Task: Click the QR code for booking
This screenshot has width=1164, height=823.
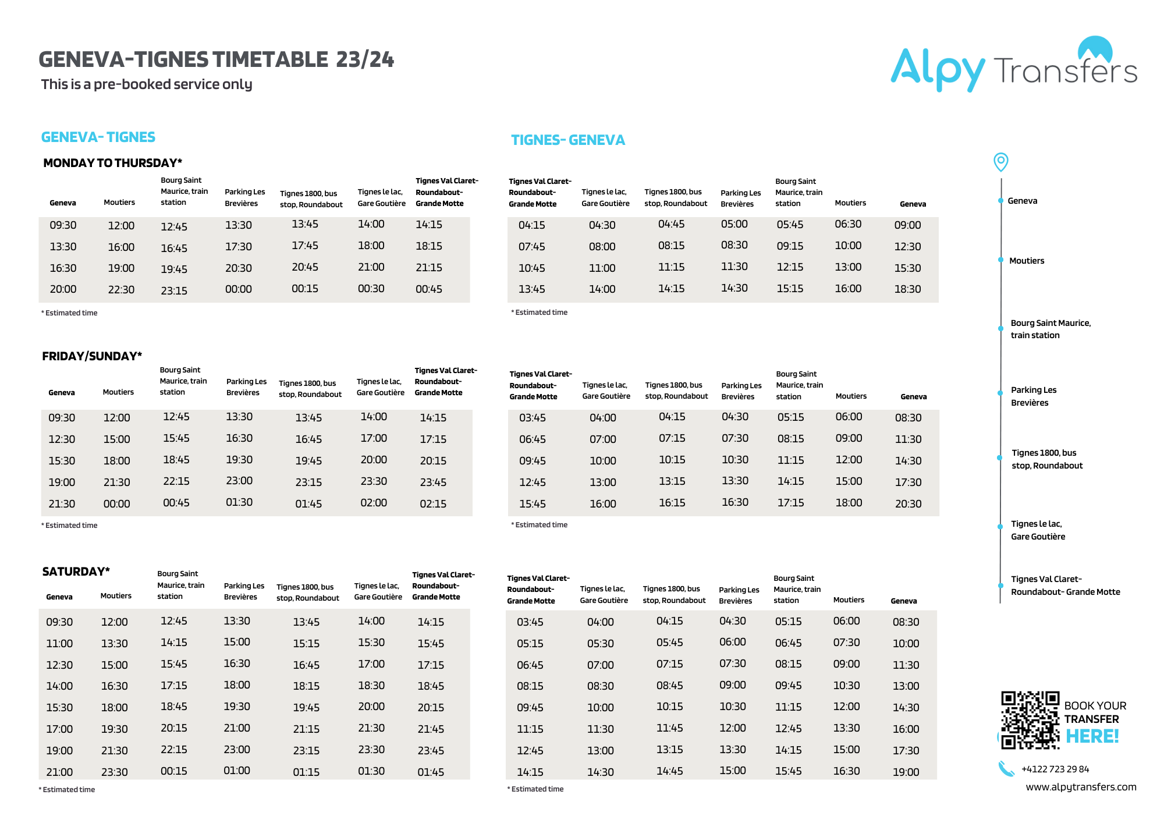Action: (1030, 719)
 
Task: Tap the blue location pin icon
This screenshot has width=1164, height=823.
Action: (1000, 161)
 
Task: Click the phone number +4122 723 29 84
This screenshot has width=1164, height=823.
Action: (1055, 769)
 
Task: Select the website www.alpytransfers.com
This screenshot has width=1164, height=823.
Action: (1080, 787)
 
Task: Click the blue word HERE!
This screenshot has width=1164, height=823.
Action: (1092, 736)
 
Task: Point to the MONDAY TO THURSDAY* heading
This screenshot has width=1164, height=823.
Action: (112, 163)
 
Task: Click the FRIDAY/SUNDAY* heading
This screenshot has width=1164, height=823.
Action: (92, 356)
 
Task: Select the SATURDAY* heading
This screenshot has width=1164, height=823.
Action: (76, 572)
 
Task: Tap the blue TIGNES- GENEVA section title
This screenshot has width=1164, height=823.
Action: (567, 140)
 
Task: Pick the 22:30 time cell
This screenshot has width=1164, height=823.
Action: (121, 289)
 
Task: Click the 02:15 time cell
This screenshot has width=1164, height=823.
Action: (433, 503)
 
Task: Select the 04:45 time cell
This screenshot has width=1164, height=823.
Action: (671, 224)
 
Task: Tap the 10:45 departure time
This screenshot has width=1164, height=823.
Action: (531, 268)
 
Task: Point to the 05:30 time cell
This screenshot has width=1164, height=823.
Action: (600, 643)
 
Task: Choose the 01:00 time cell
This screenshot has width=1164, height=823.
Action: (237, 771)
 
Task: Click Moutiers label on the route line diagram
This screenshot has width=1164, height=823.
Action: (1027, 261)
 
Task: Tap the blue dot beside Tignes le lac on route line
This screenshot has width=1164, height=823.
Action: (1000, 526)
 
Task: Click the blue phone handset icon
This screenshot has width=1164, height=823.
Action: (1006, 769)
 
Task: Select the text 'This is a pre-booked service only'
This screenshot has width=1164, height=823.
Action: (147, 84)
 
